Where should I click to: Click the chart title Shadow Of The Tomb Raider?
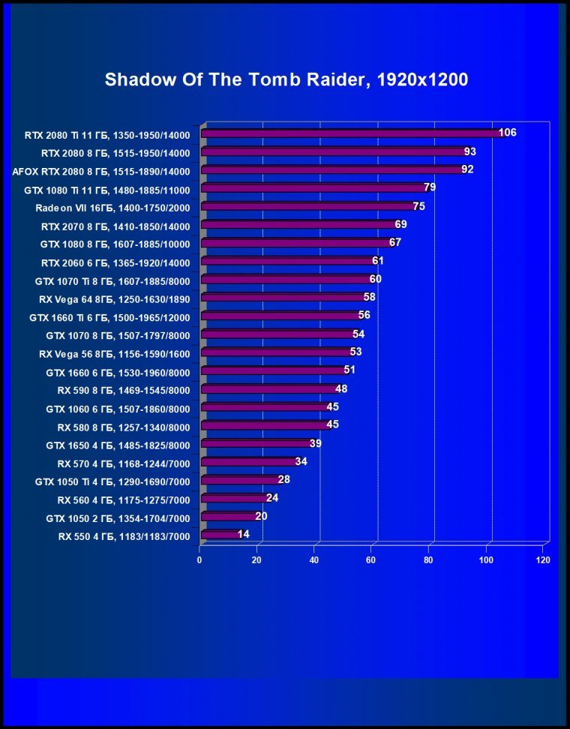pyautogui.click(x=286, y=80)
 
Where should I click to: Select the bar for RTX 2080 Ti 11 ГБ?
pyautogui.click(x=352, y=134)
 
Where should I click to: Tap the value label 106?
pyautogui.click(x=508, y=133)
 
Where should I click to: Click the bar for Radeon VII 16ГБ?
pyautogui.click(x=308, y=207)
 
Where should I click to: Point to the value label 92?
pyautogui.click(x=467, y=169)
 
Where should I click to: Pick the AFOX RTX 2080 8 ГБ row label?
pyautogui.click(x=101, y=172)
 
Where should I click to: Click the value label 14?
pyautogui.click(x=243, y=534)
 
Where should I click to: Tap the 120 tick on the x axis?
pyautogui.click(x=544, y=560)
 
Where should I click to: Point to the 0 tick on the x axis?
pyautogui.click(x=199, y=560)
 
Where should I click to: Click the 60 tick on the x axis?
pyautogui.click(x=371, y=560)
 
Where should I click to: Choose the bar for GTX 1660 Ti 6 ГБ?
pyautogui.click(x=280, y=316)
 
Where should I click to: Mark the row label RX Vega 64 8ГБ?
pyautogui.click(x=114, y=299)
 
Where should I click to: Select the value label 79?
pyautogui.click(x=430, y=187)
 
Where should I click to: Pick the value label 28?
pyautogui.click(x=283, y=479)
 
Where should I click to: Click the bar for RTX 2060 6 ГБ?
pyautogui.click(x=288, y=262)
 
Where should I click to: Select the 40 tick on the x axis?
pyautogui.click(x=314, y=560)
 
